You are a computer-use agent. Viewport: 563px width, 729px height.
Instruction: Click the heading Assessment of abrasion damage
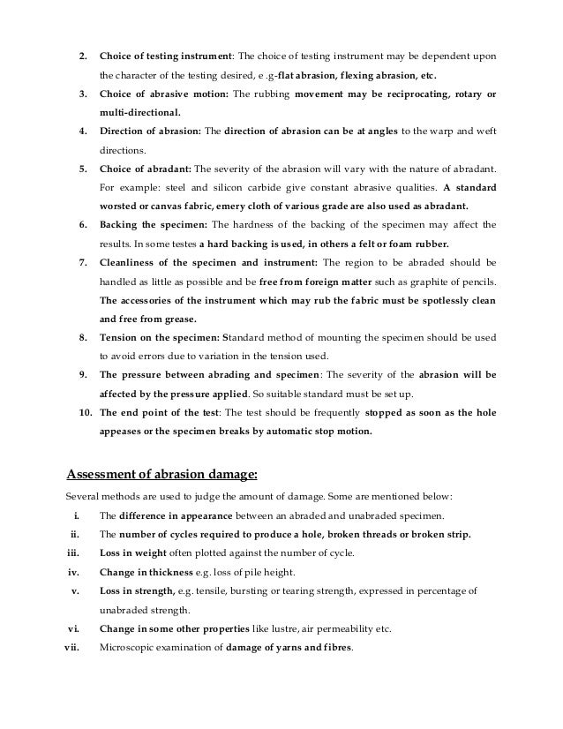click(162, 474)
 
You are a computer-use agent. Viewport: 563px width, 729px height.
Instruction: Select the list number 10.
click(85, 412)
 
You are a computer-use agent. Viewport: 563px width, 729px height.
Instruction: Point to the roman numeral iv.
click(74, 572)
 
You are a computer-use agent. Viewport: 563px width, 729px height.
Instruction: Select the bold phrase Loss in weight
click(134, 552)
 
